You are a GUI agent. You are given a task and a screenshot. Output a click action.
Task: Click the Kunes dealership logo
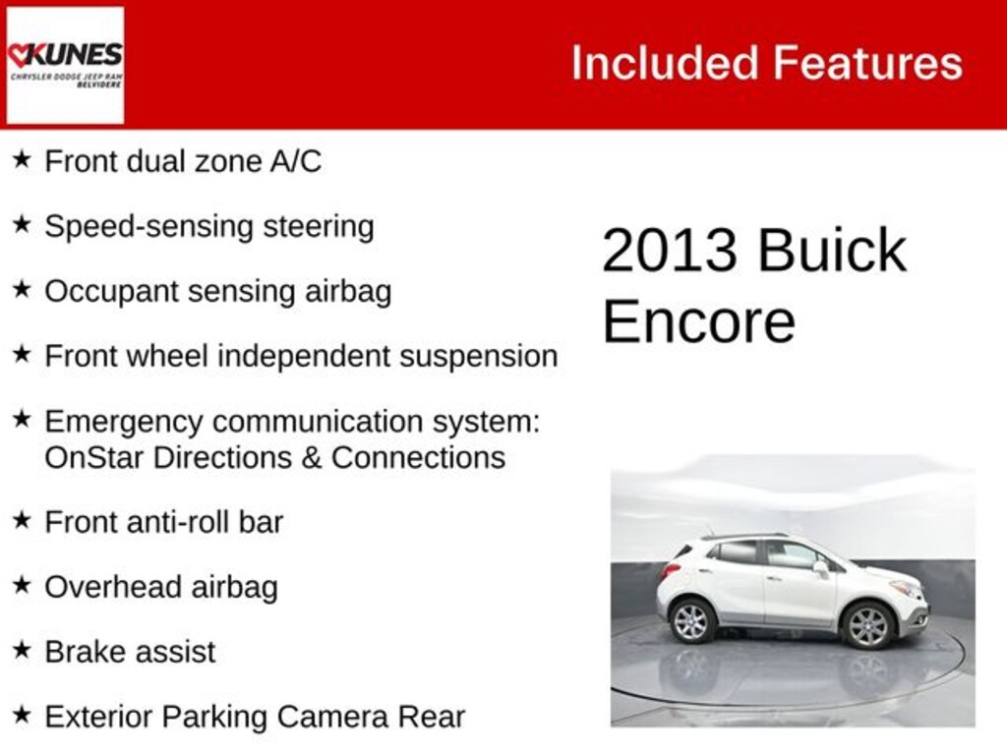tap(65, 65)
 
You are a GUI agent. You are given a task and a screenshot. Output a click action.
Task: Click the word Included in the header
tap(664, 63)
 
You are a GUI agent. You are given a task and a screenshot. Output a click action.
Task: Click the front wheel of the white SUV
tap(867, 625)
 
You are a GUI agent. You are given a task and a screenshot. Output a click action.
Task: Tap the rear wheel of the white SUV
tap(691, 620)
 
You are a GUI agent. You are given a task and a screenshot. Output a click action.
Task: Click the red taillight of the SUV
tap(671, 570)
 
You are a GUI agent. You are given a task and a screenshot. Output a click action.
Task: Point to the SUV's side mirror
tap(820, 567)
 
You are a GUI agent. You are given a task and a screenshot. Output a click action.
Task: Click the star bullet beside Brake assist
tap(22, 650)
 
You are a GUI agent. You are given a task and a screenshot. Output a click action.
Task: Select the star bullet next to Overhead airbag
tap(22, 585)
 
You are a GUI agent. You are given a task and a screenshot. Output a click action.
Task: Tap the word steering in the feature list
tap(319, 226)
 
